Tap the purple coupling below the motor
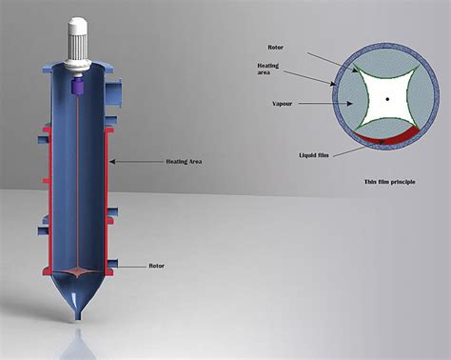point(78,85)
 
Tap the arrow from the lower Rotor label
point(133,267)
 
